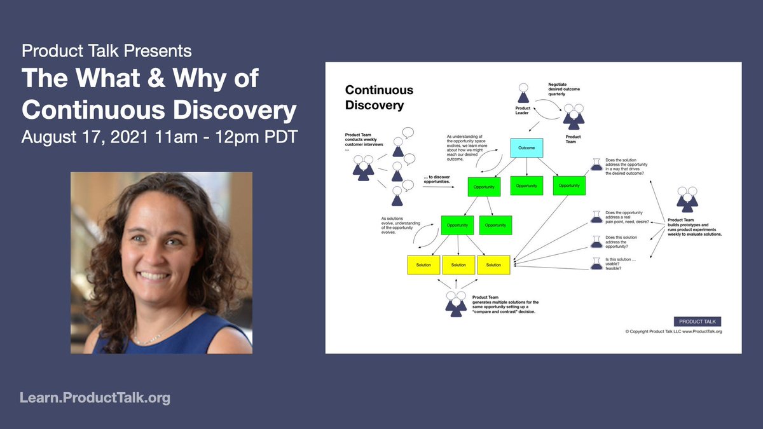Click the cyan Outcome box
[x=526, y=147]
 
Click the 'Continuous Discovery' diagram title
[x=379, y=97]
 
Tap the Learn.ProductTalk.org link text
[x=95, y=398]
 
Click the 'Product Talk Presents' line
[x=106, y=50]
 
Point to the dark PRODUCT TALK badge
[x=698, y=321]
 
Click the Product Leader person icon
[x=523, y=93]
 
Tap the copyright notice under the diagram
[x=673, y=332]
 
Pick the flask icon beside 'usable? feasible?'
[x=596, y=263]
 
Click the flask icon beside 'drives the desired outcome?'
[x=596, y=164]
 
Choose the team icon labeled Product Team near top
[x=572, y=116]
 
